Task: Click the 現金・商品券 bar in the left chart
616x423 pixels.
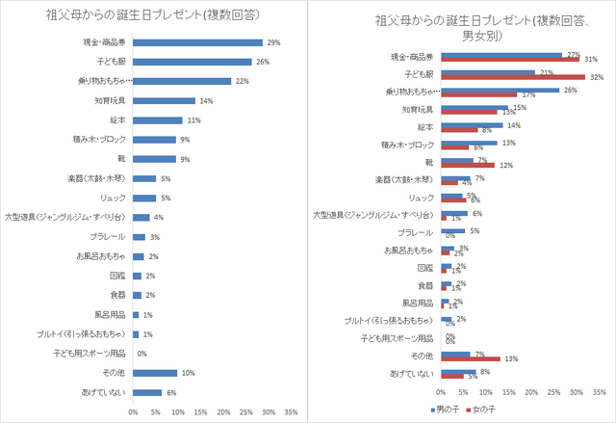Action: tap(197, 42)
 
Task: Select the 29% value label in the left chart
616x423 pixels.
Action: tap(273, 42)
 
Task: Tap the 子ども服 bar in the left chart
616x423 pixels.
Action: tap(191, 62)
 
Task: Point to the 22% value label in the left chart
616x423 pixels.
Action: tap(242, 81)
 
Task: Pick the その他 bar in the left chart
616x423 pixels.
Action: tap(155, 373)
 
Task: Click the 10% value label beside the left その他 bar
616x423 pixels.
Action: tap(189, 373)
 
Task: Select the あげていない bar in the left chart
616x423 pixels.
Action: tap(146, 392)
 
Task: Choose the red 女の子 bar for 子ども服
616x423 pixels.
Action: tap(513, 76)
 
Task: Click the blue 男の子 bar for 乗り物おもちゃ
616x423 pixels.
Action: tap(500, 90)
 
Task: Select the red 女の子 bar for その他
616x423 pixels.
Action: tap(470, 358)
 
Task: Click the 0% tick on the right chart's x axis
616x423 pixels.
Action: tap(441, 393)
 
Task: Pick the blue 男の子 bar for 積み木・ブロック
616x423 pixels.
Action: tap(470, 142)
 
